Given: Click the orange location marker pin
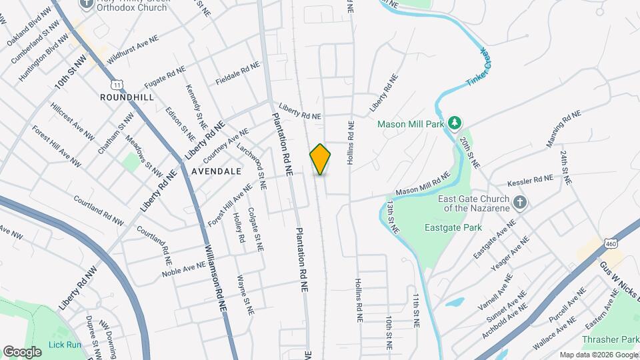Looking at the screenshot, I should (320, 159).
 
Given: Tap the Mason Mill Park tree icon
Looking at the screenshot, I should (455, 123).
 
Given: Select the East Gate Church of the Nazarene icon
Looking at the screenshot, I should (520, 201).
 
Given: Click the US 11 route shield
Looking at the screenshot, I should (117, 85).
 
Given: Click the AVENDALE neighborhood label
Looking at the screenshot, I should (216, 171).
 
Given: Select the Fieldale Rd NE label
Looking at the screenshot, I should (237, 75).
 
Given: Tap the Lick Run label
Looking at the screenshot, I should (65, 345).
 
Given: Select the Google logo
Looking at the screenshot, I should (22, 351).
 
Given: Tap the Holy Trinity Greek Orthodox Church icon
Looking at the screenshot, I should (87, 4).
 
